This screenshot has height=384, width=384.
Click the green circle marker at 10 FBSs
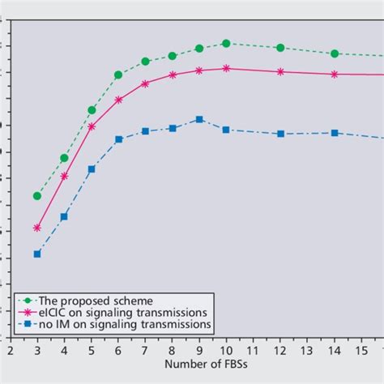pos(226,43)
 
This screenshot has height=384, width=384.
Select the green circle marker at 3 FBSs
pos(37,196)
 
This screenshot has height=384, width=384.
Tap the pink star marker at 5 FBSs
pos(92,126)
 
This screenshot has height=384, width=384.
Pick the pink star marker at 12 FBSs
pos(280,71)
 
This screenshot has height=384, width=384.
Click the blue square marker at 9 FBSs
pos(199,119)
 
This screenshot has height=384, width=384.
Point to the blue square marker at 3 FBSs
pos(37,254)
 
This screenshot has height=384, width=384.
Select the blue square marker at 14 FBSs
pos(335,133)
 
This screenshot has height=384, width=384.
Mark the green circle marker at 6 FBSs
pos(118,75)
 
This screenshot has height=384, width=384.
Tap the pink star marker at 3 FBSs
pos(37,228)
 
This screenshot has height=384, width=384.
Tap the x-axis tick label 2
pos(11,352)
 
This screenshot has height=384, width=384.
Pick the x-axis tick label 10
pos(226,352)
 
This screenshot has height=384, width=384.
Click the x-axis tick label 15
pos(361,352)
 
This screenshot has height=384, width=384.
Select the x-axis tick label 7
pos(145,352)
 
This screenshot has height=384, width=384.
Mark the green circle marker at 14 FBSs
pos(335,53)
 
